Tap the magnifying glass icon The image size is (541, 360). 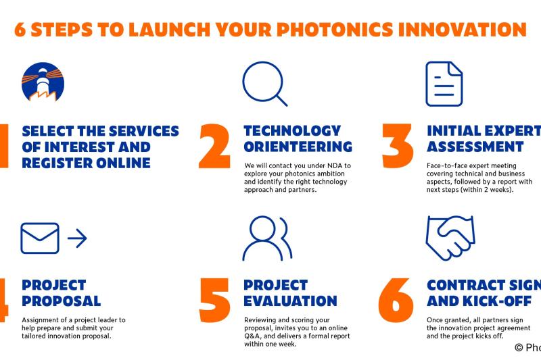(x=263, y=83)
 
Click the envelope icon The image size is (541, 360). (x=40, y=237)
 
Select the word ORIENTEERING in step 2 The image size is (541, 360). (x=298, y=147)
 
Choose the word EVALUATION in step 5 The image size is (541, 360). (x=290, y=300)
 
